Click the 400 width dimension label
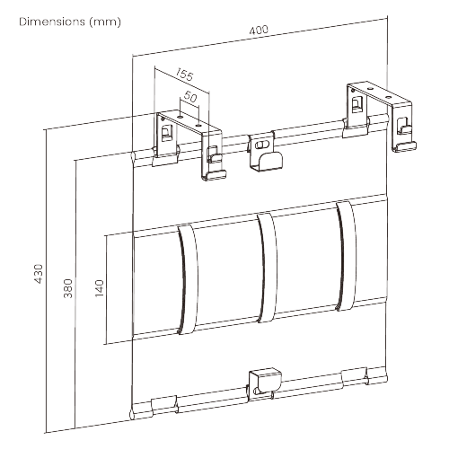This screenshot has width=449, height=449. [x=259, y=31]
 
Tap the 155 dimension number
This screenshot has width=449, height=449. [x=184, y=75]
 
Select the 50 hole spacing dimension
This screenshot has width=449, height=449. [x=190, y=97]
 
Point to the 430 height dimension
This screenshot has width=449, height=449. [x=39, y=274]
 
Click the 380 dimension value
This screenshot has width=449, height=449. [x=68, y=288]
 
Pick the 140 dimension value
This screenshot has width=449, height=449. [x=99, y=288]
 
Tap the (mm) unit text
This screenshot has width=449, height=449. [x=105, y=22]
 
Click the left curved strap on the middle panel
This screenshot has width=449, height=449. [x=188, y=279]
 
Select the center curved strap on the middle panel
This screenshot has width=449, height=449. [x=268, y=268]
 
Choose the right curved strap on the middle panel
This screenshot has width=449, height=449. [x=347, y=255]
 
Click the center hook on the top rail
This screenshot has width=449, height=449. [x=265, y=153]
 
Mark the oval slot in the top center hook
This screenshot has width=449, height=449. [x=261, y=145]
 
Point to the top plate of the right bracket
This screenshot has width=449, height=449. [x=379, y=93]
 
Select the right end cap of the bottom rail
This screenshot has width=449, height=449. [x=386, y=379]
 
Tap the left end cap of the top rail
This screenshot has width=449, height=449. [x=133, y=158]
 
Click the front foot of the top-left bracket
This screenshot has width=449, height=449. [x=214, y=175]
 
